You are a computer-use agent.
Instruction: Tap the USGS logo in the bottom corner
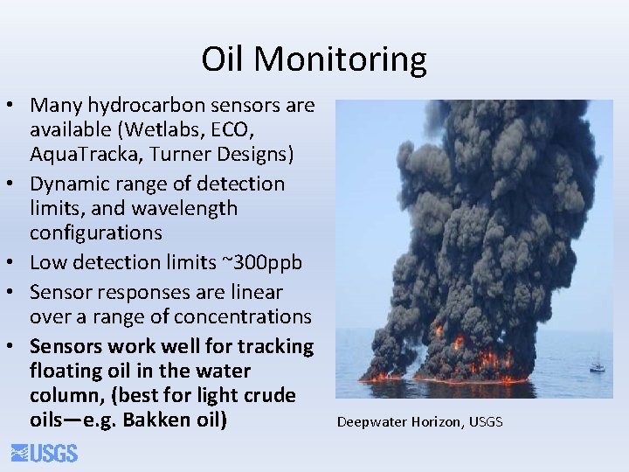coord(45,453)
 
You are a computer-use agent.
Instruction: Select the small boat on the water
coord(597,366)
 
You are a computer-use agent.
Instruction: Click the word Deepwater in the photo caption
coord(372,422)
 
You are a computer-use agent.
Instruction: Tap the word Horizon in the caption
coord(438,422)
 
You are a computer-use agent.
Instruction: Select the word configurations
coord(96,233)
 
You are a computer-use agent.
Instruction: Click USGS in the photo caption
coord(486,422)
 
